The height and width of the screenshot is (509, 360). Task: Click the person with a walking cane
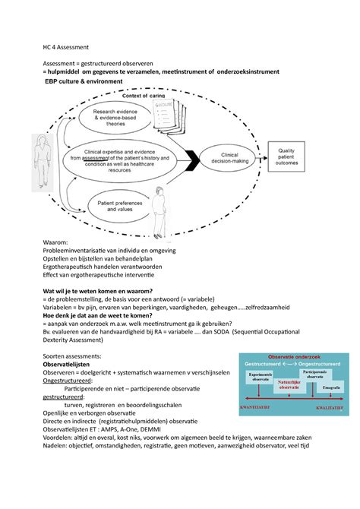point(158,208)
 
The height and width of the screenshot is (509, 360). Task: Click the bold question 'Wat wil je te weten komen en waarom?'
point(88,290)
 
